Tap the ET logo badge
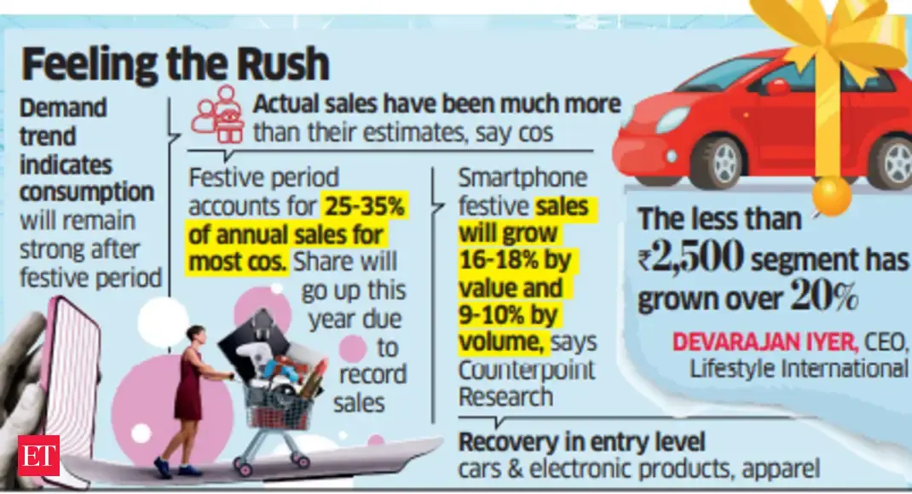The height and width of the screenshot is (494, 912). tap(38, 456)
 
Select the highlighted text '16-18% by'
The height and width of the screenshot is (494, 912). tap(516, 260)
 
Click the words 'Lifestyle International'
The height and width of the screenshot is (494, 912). tap(799, 368)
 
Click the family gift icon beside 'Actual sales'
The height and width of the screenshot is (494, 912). tap(217, 115)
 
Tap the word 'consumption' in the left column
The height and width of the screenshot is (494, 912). tap(86, 192)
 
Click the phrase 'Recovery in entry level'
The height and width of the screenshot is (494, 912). tap(582, 443)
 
